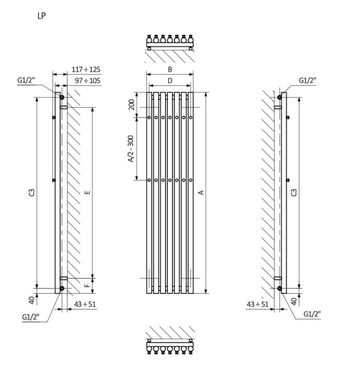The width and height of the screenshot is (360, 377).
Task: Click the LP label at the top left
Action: click(x=42, y=16)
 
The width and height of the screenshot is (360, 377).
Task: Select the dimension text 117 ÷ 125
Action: click(x=86, y=70)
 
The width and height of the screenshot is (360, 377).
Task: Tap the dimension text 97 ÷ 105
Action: click(x=88, y=81)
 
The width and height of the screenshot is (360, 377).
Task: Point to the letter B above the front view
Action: click(x=170, y=70)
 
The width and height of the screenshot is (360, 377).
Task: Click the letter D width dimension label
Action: click(x=170, y=81)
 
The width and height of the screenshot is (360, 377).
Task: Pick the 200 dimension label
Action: click(x=132, y=105)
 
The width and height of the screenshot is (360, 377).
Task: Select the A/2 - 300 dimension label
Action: click(x=130, y=149)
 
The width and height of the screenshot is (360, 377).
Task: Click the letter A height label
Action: click(x=201, y=192)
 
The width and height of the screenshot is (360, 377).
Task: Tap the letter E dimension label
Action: click(x=88, y=192)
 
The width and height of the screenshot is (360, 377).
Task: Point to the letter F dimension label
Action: click(x=88, y=285)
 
